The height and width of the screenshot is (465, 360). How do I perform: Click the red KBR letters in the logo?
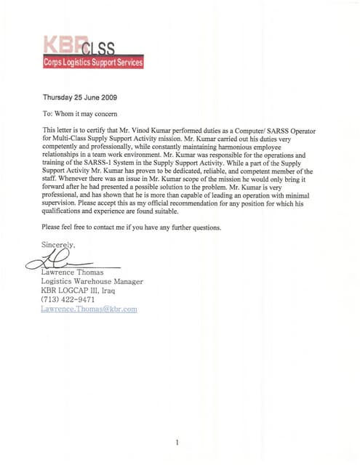(x=62, y=44)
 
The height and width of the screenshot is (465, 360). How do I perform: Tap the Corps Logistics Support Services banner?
(x=93, y=63)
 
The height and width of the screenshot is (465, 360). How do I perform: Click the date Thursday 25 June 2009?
(x=80, y=97)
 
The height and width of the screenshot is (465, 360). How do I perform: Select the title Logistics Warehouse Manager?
(x=92, y=281)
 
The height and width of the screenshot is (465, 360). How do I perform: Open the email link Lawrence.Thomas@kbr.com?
(x=89, y=309)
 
